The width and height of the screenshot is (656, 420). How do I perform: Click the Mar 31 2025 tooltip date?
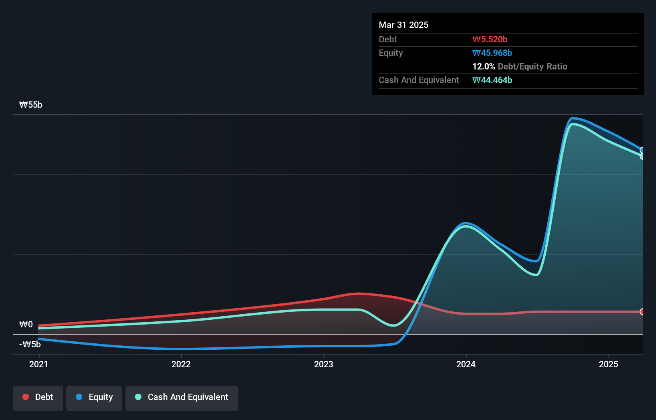pos(404,25)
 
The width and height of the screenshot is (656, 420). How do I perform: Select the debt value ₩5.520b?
pos(490,39)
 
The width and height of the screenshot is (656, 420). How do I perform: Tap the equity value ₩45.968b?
pos(492,53)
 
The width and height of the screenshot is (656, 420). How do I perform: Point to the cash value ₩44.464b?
pos(492,80)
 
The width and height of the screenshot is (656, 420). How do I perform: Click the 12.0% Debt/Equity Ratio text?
pos(519,66)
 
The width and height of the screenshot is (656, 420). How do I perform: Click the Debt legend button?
pos(38,397)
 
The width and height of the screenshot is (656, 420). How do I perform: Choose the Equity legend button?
pos(94,397)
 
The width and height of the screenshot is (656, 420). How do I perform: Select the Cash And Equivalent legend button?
pos(182,397)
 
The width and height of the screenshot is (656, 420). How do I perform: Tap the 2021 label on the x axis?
pos(39,364)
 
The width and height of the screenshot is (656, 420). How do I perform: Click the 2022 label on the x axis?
pos(181,364)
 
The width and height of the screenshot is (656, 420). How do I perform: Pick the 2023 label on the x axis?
pos(324,364)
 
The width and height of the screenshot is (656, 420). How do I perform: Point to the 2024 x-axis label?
pos(466,364)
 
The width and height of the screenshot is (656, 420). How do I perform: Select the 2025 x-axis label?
pos(608,364)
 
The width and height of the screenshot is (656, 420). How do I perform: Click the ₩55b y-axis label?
pos(31,105)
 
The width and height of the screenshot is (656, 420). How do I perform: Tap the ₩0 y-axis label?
pos(26,324)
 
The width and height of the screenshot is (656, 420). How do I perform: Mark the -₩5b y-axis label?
pos(30,344)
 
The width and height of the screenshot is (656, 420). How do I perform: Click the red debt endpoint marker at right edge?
pos(642,311)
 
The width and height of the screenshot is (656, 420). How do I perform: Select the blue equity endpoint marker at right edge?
pos(642,150)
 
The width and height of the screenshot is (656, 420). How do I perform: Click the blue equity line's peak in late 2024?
pos(573,118)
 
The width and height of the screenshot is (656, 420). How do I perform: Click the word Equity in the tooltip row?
pos(391,53)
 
